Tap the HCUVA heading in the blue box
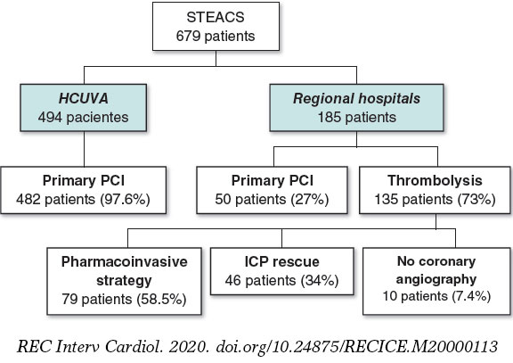[x=85, y=97]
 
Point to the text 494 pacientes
[x=85, y=116]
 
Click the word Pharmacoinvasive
[x=124, y=264]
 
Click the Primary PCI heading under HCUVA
[x=85, y=180]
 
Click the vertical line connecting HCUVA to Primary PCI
[x=85, y=148]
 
